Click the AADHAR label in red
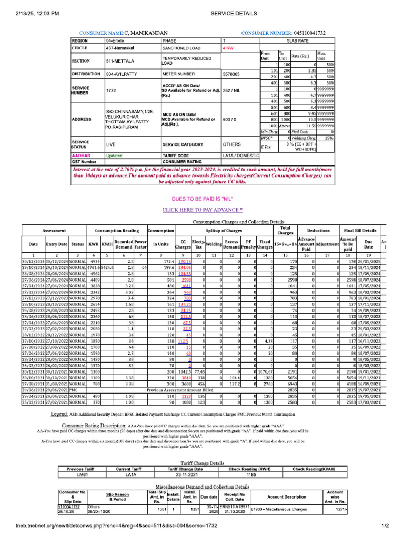coord(81,156)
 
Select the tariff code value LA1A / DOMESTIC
coord(241,156)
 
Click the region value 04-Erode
coord(116,40)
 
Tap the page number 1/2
coord(383,526)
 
